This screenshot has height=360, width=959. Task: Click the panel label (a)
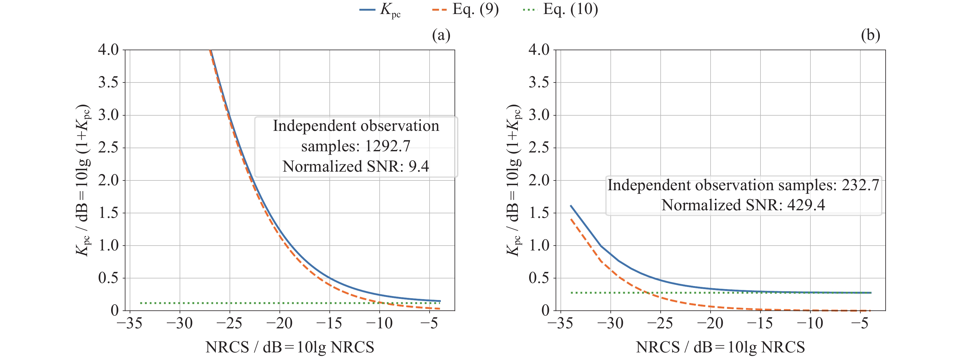pos(441,35)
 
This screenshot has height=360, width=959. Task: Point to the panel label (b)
pos(870,35)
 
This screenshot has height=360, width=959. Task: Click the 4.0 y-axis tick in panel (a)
pos(108,50)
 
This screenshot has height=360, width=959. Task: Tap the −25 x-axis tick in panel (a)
pos(229,323)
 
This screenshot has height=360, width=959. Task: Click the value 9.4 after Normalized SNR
pos(419,166)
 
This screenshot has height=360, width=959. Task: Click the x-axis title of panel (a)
pos(290,347)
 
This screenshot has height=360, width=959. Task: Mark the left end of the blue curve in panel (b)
pos(571,205)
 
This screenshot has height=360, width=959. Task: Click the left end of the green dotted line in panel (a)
pos(140,303)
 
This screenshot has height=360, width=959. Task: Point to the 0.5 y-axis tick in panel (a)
pos(108,278)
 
